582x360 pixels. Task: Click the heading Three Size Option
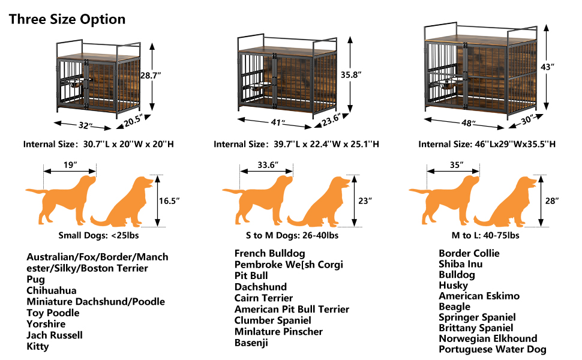click(x=67, y=19)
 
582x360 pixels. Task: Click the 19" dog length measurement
click(x=70, y=164)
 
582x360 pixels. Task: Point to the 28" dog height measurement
click(x=553, y=201)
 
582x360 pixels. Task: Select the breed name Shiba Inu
click(x=460, y=264)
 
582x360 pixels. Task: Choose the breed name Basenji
click(x=251, y=343)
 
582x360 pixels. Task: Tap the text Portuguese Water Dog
click(x=492, y=349)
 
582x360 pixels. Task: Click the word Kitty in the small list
click(x=38, y=346)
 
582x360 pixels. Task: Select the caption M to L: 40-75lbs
click(x=485, y=235)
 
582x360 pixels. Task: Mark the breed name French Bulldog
click(x=269, y=254)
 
